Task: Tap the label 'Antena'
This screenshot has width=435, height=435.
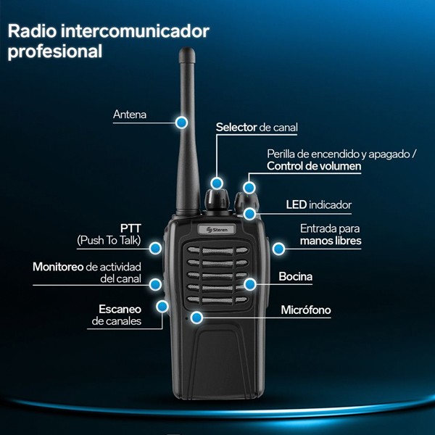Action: click(130, 115)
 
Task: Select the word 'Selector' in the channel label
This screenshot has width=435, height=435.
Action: click(236, 127)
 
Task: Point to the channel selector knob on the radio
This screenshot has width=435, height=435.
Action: click(216, 196)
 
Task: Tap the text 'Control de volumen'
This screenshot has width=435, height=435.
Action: click(313, 166)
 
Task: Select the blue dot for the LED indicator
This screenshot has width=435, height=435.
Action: click(250, 213)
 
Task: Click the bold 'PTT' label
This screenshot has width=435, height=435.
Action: click(130, 228)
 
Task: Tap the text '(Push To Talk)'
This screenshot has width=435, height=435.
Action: click(109, 240)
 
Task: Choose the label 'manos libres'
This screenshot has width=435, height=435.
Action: click(330, 241)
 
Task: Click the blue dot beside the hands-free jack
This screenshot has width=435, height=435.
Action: click(278, 249)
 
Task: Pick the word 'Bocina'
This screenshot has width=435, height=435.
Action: click(296, 276)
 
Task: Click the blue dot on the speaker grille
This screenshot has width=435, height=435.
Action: click(250, 283)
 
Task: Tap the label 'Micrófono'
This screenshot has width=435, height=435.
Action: click(305, 310)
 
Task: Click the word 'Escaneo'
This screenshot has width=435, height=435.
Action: click(120, 309)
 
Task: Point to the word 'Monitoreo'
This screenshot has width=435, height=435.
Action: click(58, 266)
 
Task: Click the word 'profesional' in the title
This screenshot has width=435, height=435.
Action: click(55, 51)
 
